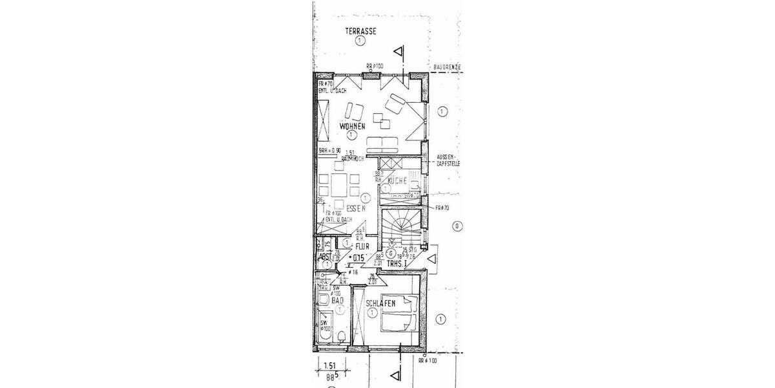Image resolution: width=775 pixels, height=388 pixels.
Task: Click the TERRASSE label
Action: point(360,31)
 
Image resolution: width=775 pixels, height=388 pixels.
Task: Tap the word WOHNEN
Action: point(351,126)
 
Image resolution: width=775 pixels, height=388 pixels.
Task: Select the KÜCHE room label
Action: point(397,182)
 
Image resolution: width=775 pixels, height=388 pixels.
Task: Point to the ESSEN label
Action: point(356,210)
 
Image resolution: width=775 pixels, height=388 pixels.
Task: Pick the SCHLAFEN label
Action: point(380,303)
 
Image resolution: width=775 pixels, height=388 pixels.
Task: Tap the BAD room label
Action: point(336,301)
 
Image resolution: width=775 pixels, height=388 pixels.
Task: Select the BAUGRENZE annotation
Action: point(446,67)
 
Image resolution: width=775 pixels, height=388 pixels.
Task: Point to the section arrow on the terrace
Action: point(400,52)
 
